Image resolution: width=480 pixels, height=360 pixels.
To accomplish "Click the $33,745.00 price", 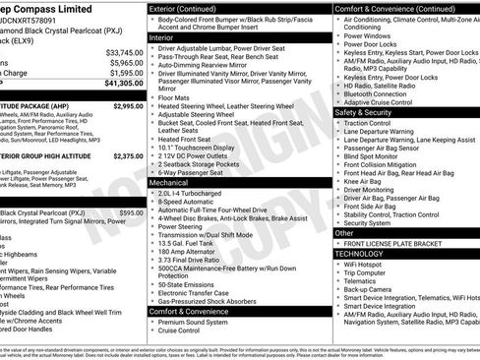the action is point(125,52).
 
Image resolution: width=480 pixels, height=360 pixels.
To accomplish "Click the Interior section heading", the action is point(168,35).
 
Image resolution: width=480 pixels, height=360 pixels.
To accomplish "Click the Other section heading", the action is point(347,233).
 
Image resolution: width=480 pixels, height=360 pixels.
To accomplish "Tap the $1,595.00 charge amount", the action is point(125,73).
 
